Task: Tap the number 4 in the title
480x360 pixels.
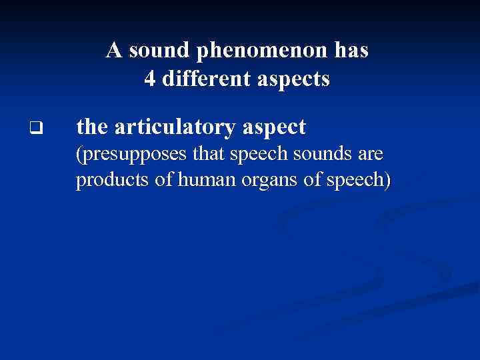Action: pos(150,80)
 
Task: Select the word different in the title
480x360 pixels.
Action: pos(205,80)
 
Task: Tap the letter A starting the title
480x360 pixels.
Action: pos(114,51)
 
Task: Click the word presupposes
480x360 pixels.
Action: pos(126,156)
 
